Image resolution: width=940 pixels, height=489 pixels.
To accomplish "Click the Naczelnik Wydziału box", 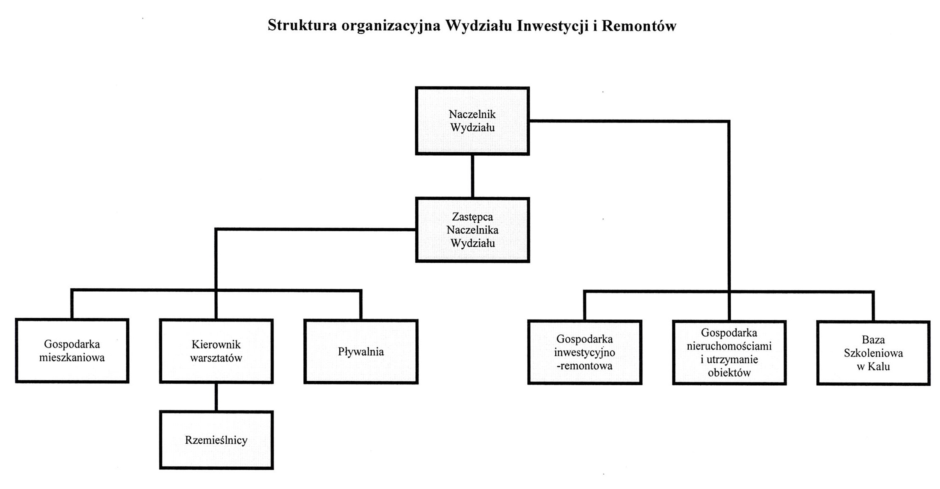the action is [x=472, y=121].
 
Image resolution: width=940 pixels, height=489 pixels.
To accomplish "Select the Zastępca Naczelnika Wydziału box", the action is [x=473, y=230].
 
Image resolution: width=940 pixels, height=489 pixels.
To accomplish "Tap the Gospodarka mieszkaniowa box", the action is [x=72, y=351].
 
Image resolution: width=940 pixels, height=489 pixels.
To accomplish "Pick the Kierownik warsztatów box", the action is [x=216, y=351].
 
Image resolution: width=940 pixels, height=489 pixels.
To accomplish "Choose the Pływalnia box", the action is [x=361, y=352].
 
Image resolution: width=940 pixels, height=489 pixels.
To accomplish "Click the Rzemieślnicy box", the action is [x=216, y=440].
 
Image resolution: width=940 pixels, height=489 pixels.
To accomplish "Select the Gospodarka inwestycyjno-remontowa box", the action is [x=585, y=352].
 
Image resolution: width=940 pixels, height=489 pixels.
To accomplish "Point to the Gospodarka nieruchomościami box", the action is [x=729, y=353].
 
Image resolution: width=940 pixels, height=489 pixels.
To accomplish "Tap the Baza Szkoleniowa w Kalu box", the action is [x=874, y=353].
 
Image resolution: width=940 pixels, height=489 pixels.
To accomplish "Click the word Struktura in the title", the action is [x=302, y=25].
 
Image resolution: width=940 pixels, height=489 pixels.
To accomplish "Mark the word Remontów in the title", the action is [x=639, y=26].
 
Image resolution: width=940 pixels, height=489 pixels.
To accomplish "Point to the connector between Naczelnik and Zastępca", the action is [x=473, y=176].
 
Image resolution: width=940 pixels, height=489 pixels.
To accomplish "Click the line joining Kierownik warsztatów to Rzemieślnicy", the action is [x=216, y=397].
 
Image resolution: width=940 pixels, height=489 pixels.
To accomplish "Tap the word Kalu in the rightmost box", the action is [x=879, y=366].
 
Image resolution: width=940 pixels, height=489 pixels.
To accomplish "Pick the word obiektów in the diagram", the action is [x=729, y=372].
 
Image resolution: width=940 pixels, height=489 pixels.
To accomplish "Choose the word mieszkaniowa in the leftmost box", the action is [x=72, y=358].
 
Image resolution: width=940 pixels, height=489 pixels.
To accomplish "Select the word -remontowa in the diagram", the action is [x=585, y=366].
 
